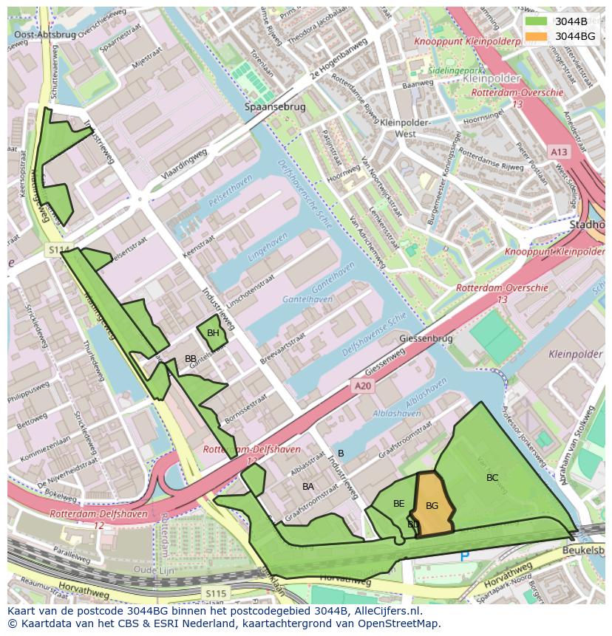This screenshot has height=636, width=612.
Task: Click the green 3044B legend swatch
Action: (536, 21)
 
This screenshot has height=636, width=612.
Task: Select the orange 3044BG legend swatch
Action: (536, 35)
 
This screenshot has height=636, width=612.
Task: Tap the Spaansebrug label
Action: (275, 107)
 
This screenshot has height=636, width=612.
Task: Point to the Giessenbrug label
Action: (425, 338)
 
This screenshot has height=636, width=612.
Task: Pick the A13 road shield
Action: (560, 151)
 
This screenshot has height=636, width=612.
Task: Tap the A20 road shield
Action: (361, 386)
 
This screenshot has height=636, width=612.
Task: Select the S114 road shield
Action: (57, 250)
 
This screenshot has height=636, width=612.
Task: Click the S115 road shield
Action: (216, 593)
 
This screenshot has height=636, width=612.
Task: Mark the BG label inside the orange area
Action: (432, 506)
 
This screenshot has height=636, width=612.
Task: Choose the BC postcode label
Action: (492, 478)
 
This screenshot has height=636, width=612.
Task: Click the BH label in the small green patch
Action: (213, 333)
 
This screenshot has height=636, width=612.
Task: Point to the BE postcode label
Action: (398, 504)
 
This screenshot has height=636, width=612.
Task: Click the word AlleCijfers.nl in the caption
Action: (385, 611)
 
